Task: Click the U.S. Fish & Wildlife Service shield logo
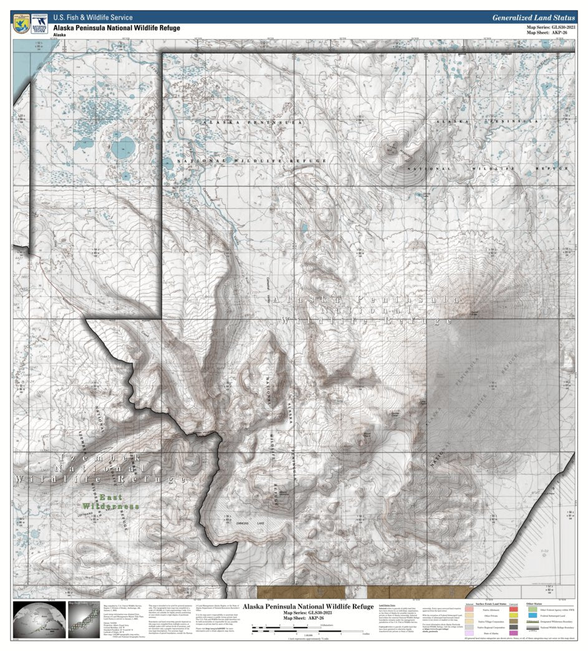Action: pyautogui.click(x=21, y=24)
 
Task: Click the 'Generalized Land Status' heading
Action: pyautogui.click(x=533, y=18)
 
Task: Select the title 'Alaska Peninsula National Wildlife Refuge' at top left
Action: pyautogui.click(x=116, y=28)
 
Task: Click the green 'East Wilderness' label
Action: pyautogui.click(x=110, y=501)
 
